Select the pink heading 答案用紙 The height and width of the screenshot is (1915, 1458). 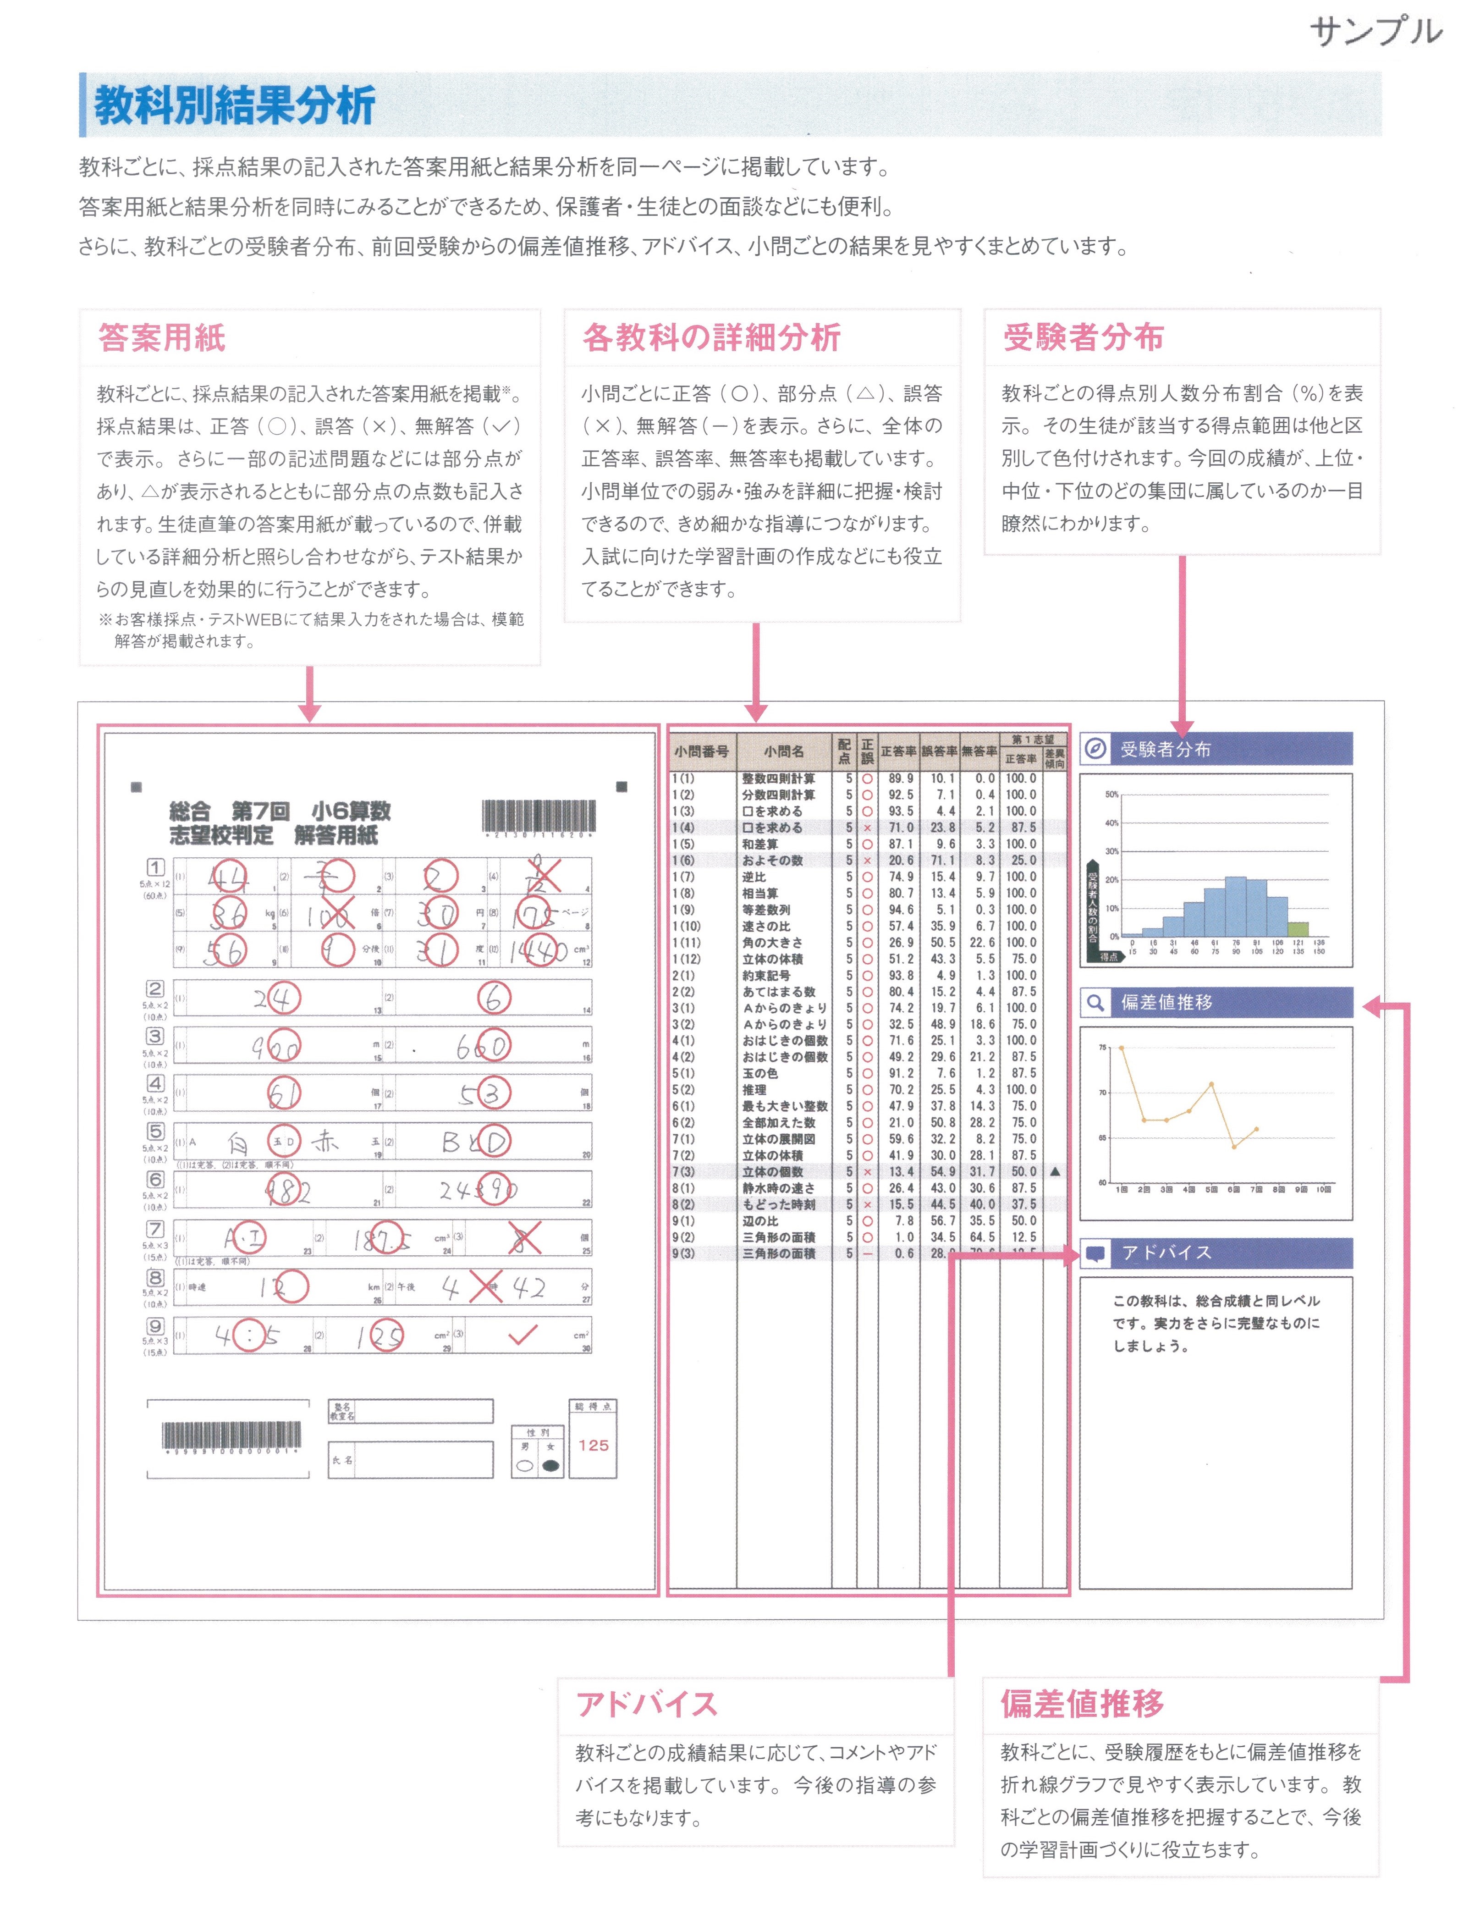(162, 338)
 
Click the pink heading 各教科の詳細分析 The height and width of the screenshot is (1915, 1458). (712, 338)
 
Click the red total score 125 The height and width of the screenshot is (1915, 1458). (594, 1446)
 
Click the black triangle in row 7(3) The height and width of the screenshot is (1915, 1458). (1055, 1172)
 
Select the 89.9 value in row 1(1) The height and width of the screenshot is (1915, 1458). (900, 778)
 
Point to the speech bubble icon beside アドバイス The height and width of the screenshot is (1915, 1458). (1095, 1253)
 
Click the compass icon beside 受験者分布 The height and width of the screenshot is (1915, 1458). (1095, 749)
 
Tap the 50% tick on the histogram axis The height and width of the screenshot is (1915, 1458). (1112, 795)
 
